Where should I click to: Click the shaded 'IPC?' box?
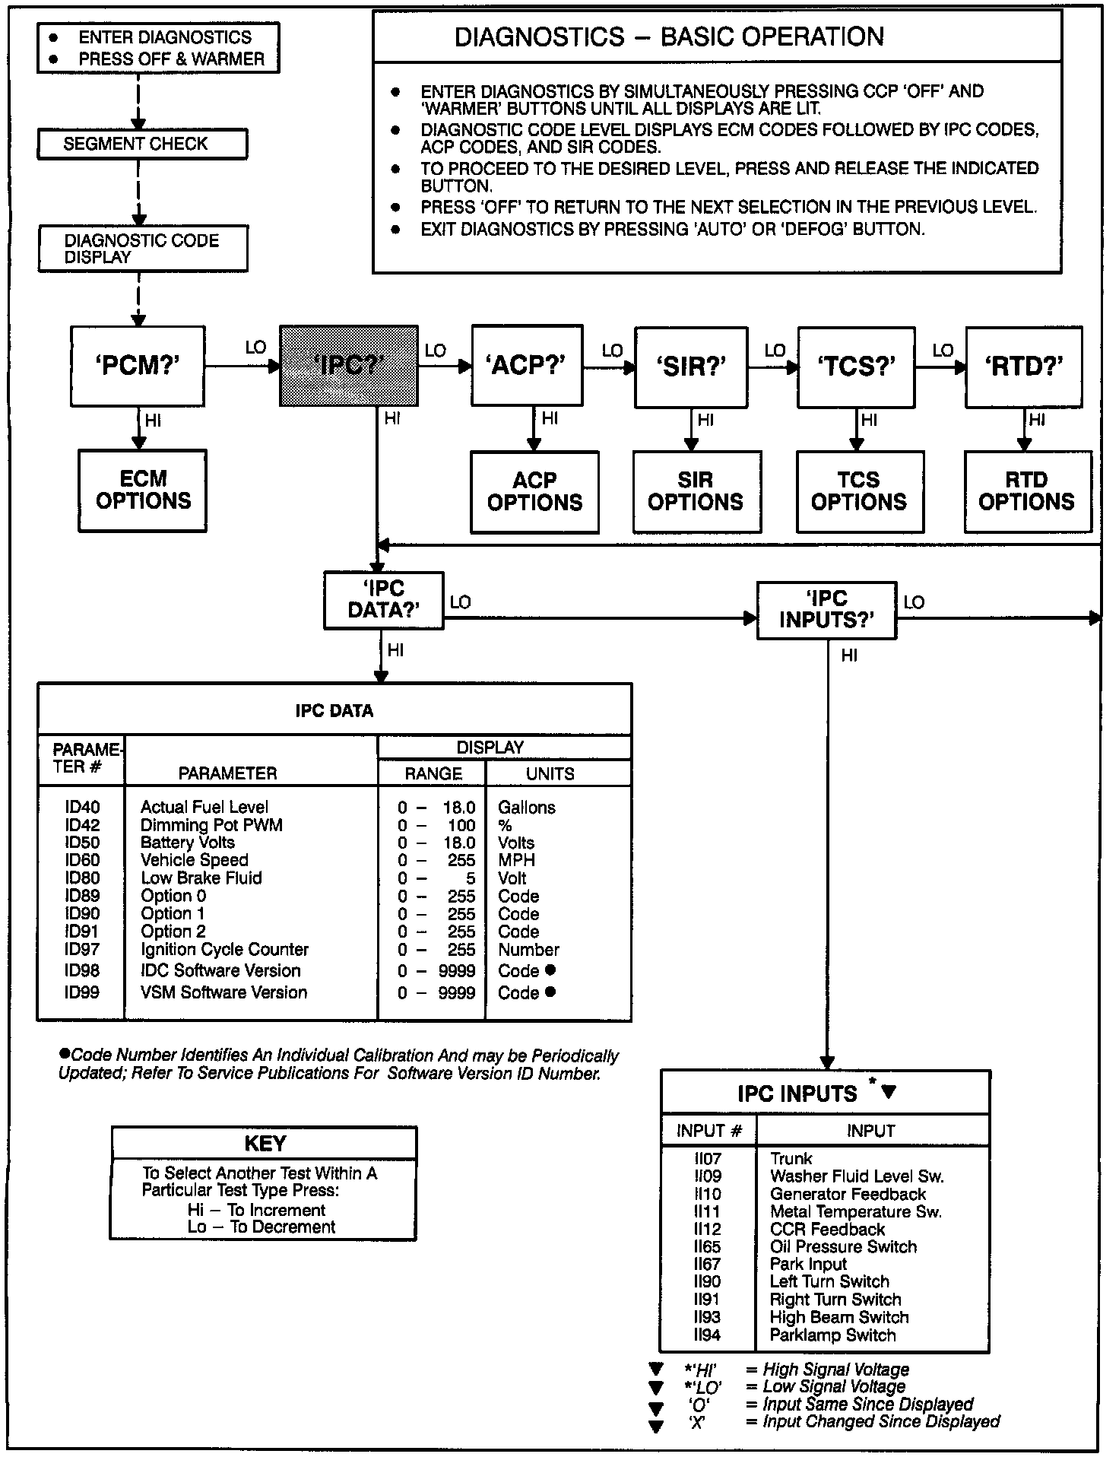coord(348,366)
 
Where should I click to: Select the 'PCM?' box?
coord(138,366)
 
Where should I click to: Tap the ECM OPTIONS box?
coord(143,490)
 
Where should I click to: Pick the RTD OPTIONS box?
coord(1027,491)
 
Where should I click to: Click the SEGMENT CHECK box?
coord(142,144)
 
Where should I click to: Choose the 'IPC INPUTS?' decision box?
coord(826,610)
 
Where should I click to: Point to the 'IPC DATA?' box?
coord(383,600)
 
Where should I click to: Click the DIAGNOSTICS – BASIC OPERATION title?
coord(669,37)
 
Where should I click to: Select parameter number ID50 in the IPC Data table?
coord(82,843)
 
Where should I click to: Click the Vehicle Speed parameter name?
coord(195,860)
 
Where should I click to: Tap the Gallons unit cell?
coord(527,808)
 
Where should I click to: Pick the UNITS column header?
coord(550,774)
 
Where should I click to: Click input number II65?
coord(707,1247)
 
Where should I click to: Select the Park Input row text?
coord(808,1265)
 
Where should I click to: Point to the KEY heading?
coord(265,1144)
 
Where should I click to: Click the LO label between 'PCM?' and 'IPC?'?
coord(255,348)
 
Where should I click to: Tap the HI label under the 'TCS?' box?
coord(868,420)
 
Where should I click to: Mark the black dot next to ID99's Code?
coord(550,992)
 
